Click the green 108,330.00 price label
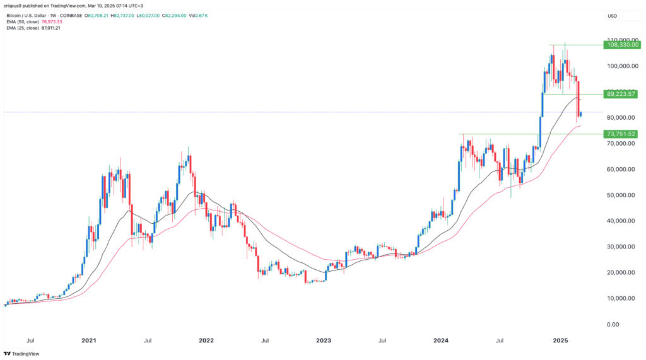pos(622,45)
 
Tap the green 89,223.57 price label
pos(622,94)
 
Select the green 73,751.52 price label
pos(622,134)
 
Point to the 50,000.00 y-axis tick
pos(621,195)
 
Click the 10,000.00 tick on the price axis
pos(621,298)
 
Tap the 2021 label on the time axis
pos(89,340)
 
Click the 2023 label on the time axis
pos(324,340)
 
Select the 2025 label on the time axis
pos(561,340)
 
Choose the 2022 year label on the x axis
pos(206,340)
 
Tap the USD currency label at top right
pos(611,16)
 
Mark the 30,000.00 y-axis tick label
pos(621,247)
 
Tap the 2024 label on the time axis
pos(441,340)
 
